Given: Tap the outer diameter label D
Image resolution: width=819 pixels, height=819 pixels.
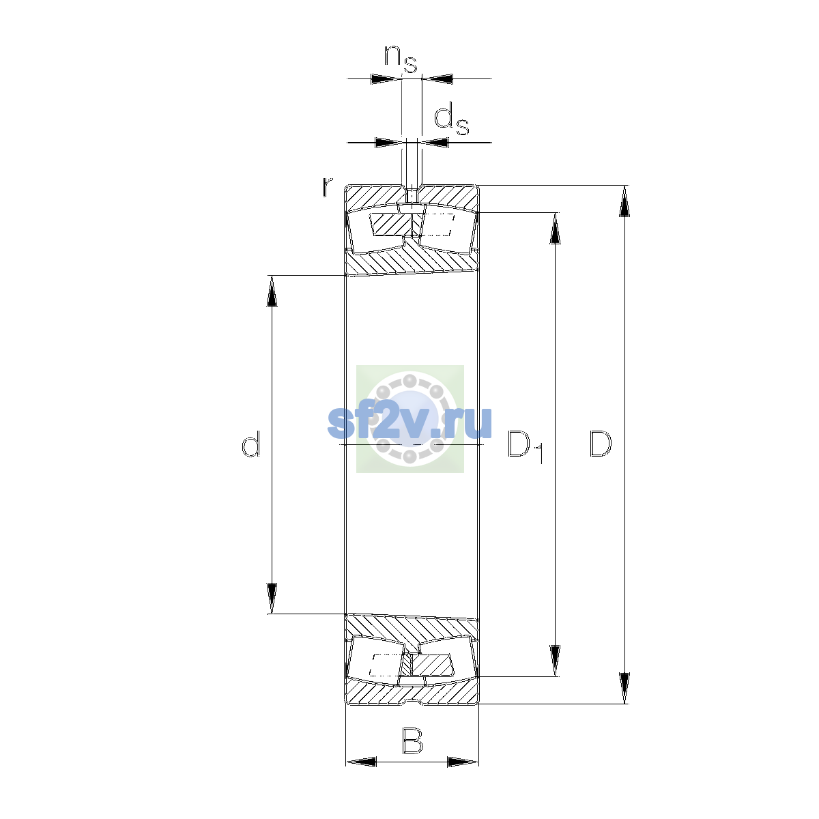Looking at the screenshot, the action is pos(601,444).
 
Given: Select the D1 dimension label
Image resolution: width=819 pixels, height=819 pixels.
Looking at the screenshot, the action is pos(526,446).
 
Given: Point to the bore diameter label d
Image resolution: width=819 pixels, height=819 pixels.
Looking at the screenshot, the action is pos(250,444).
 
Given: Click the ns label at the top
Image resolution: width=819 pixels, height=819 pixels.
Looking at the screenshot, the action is pos(401,59).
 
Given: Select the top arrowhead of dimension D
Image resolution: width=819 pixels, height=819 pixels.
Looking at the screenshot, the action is pos(624,201).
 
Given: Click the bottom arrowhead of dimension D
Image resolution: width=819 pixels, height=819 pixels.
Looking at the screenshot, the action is pos(624,688).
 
